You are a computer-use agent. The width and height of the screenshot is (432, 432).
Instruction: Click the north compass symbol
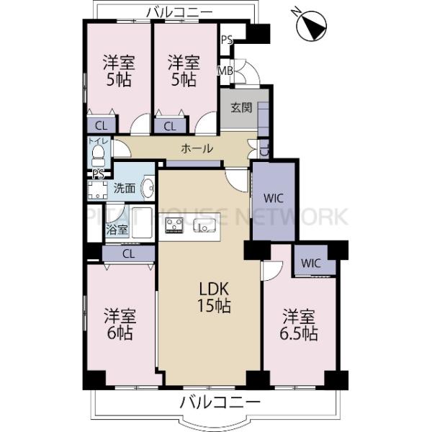click(x=311, y=26)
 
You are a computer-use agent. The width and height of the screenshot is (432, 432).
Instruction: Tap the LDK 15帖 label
click(x=214, y=298)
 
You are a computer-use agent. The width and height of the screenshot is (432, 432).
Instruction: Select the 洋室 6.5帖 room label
click(x=299, y=325)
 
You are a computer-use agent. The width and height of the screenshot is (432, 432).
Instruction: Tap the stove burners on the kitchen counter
click(x=174, y=225)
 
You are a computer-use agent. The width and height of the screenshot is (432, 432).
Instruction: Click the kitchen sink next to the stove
click(x=204, y=225)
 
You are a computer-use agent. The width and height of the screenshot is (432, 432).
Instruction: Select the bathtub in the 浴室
click(x=142, y=222)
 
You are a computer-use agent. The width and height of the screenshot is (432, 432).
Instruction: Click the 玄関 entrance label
click(x=241, y=108)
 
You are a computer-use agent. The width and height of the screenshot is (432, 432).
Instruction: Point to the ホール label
click(x=197, y=149)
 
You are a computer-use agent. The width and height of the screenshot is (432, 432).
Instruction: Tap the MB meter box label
click(x=225, y=71)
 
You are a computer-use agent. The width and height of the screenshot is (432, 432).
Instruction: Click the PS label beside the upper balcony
click(x=227, y=40)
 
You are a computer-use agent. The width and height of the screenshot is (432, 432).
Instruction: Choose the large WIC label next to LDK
click(x=274, y=198)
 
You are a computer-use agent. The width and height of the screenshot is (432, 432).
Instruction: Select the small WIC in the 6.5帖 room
click(x=311, y=264)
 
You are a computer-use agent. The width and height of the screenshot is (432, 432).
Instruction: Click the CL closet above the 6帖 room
click(x=128, y=253)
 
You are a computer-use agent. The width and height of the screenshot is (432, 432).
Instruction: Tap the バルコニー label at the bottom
click(x=220, y=402)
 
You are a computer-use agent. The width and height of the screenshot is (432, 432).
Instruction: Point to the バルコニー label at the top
click(x=179, y=12)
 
